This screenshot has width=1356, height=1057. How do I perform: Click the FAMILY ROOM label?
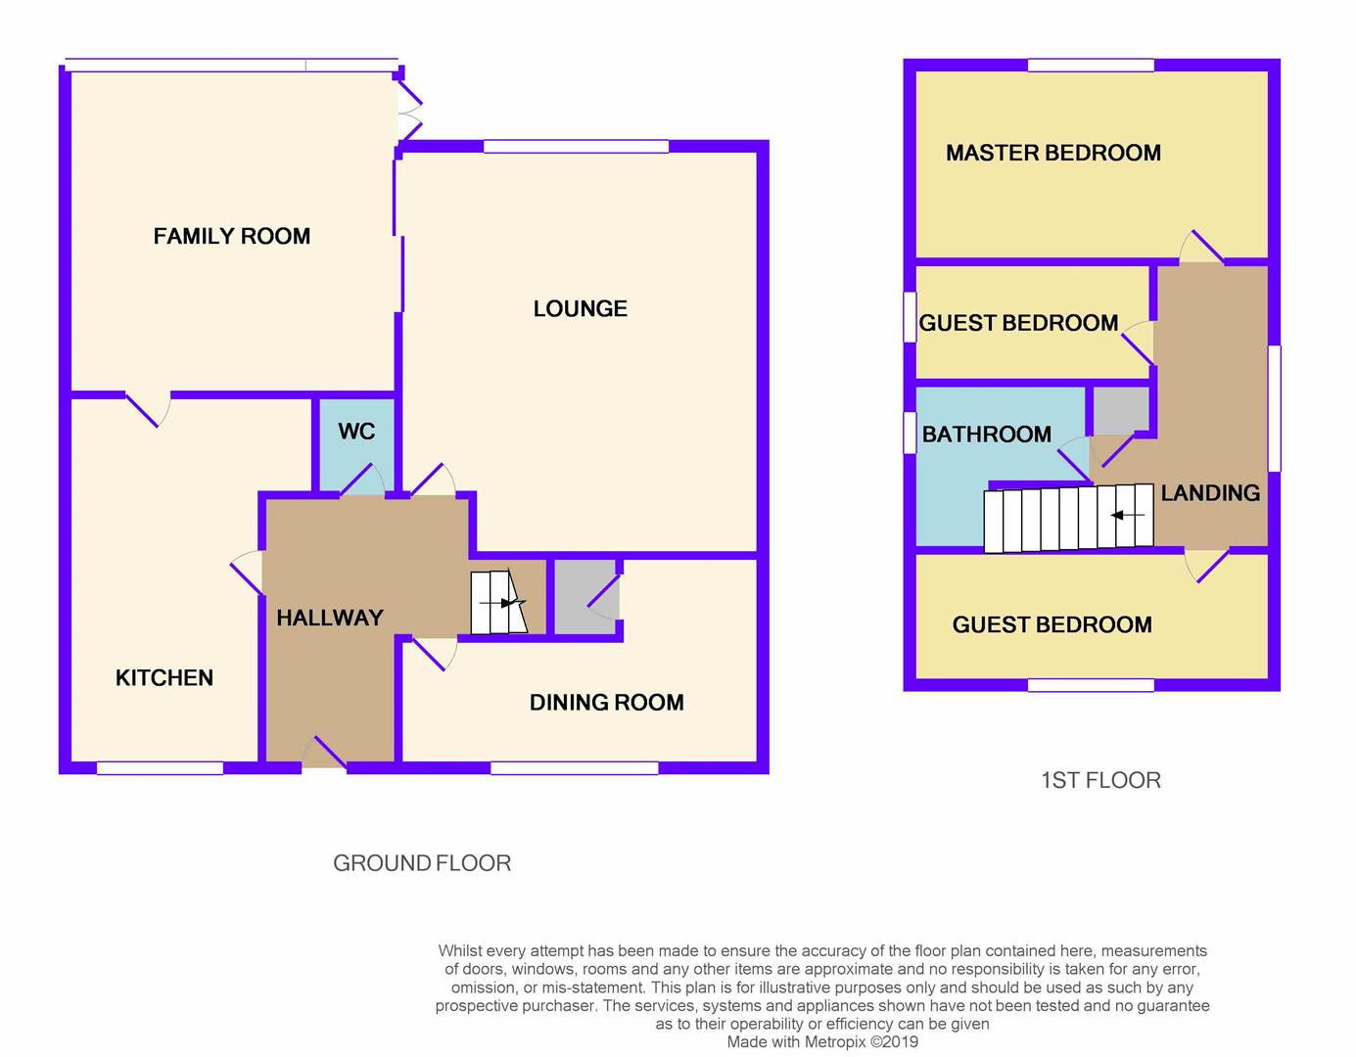pos(231,236)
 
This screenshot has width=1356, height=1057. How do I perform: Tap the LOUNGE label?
pos(581,308)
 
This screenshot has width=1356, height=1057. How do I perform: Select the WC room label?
pos(357,431)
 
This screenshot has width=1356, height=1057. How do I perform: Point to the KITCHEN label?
pos(164,678)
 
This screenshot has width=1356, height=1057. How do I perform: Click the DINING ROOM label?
pos(607,703)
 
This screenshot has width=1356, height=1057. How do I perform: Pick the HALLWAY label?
pos(330,618)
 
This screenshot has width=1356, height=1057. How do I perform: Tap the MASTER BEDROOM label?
pos(1053,153)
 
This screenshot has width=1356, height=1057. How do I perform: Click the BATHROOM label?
pos(987,434)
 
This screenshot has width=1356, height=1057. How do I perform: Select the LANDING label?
pos(1210,493)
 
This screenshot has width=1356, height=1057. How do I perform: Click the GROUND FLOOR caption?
pos(422,863)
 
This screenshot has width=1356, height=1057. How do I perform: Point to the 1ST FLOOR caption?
pos(1100,780)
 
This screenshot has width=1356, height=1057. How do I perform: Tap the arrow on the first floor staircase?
pos(1127,515)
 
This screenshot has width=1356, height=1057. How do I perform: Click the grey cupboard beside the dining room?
pos(586,597)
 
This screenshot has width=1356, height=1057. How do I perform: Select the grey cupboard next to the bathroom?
pos(1121,410)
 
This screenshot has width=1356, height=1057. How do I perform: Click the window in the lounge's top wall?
pos(576,147)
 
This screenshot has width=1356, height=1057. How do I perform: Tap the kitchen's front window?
pos(160,768)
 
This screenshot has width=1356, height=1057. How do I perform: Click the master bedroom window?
pos(1091,65)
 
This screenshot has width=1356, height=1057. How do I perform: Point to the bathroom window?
pos(910,433)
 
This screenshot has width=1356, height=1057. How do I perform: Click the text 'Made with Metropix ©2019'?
pos(822,1041)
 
